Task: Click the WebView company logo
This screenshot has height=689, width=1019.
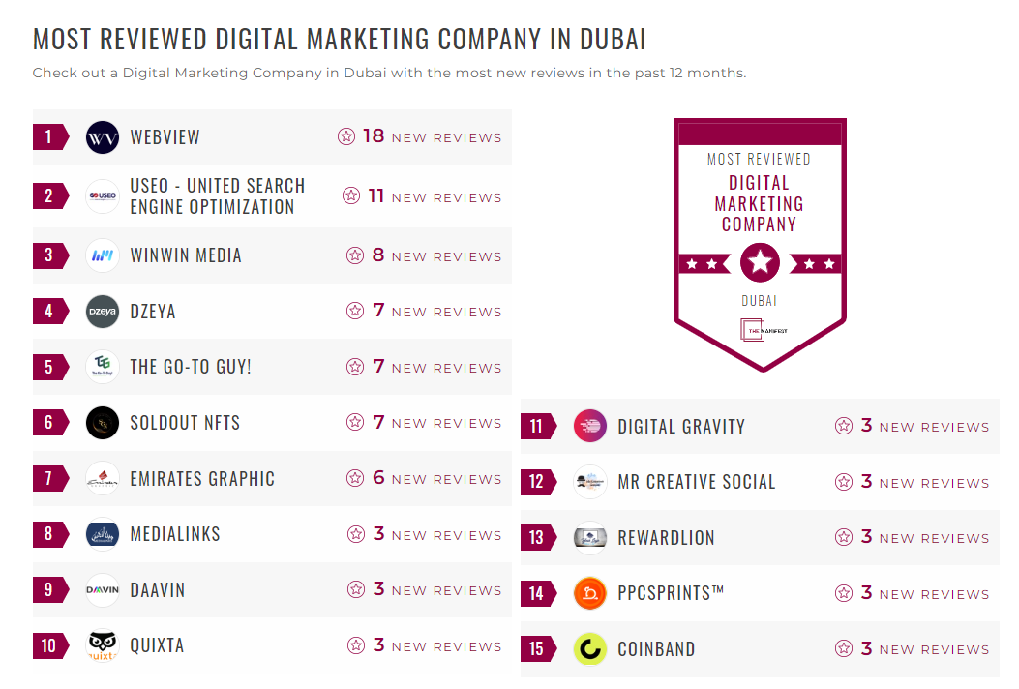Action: (103, 137)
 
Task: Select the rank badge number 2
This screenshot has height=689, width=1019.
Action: (49, 196)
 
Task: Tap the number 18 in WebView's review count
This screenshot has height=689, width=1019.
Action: (374, 136)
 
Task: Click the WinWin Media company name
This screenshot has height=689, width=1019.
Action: (186, 256)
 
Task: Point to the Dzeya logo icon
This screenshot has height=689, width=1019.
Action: (103, 312)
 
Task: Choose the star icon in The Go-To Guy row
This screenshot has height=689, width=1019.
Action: (355, 367)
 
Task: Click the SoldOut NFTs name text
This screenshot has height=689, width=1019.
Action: (185, 423)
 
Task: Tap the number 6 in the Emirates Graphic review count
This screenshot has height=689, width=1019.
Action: (378, 478)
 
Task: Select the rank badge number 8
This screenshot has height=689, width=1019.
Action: (49, 534)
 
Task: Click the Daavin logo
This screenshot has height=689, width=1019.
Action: (103, 590)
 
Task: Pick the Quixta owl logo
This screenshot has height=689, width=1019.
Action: (103, 645)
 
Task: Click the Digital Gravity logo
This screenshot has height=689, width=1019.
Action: (590, 427)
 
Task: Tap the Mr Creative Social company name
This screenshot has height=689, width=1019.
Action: (697, 482)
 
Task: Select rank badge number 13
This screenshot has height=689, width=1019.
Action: (537, 538)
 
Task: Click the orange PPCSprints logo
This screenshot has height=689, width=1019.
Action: (590, 593)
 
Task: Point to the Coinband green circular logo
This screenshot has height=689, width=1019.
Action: (590, 649)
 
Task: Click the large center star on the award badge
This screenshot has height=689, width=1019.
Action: (760, 262)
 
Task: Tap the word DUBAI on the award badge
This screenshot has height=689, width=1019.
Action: (760, 301)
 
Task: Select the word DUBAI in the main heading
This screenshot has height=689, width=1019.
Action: (613, 40)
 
